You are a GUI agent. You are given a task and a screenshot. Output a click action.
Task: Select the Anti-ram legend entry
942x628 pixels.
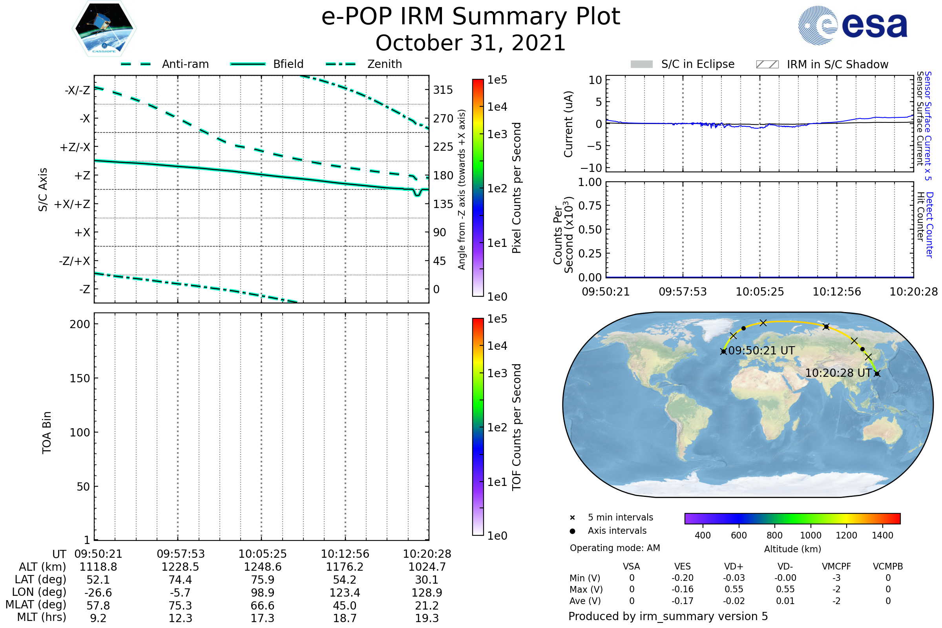[x=185, y=64]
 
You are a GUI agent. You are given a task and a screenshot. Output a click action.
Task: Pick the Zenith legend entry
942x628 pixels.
[x=384, y=64]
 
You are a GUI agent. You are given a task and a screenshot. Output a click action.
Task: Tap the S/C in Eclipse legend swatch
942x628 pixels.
[x=641, y=64]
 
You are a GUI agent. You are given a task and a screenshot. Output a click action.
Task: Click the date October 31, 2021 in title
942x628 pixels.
[x=470, y=43]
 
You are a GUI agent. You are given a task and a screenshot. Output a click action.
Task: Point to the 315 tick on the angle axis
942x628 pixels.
[x=443, y=90]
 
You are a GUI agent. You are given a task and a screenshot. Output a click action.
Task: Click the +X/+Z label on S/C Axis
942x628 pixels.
[x=72, y=204]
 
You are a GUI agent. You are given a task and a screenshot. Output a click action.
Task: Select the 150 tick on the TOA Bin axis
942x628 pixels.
[x=80, y=378]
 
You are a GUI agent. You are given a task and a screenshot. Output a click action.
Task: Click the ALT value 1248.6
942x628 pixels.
[x=262, y=567]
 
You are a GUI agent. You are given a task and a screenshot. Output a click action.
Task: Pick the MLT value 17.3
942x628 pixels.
[x=262, y=618]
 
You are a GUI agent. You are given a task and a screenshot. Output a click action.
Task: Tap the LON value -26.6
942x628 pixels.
[x=98, y=592]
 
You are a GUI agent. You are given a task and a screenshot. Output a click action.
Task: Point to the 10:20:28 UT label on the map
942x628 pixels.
[x=838, y=373]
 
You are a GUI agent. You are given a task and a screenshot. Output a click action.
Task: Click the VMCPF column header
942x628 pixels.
[x=836, y=566]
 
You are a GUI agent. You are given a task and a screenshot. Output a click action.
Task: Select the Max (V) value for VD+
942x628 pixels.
[x=734, y=589]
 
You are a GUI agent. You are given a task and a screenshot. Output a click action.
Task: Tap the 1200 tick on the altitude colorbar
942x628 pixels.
[x=846, y=535]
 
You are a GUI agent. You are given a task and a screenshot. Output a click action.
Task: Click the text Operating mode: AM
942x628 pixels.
[x=614, y=548]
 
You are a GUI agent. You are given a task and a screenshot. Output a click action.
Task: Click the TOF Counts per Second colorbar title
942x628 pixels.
[x=517, y=427]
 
